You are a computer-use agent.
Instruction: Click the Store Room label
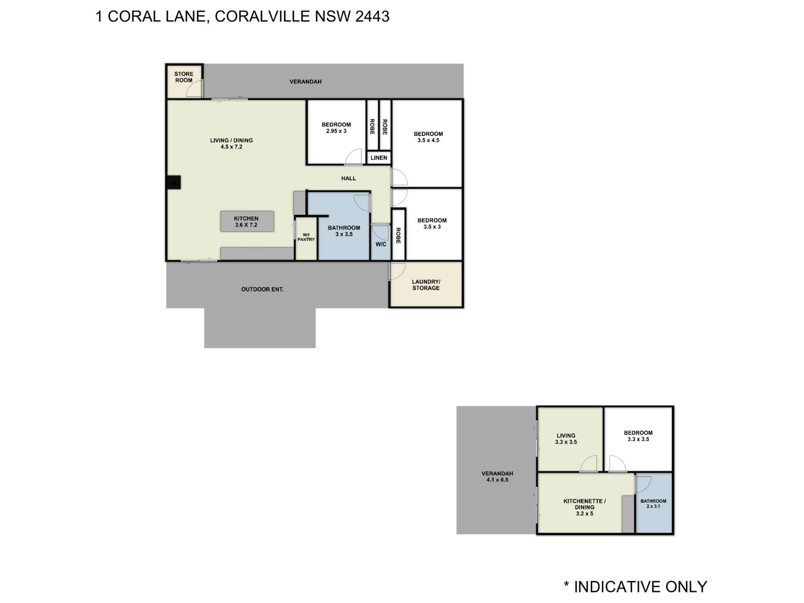[x=183, y=77]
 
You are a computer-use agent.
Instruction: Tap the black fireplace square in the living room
[x=173, y=183]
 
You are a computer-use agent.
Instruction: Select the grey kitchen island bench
[x=247, y=222]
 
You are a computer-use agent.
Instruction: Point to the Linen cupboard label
[x=379, y=158]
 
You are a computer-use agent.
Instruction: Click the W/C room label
[x=381, y=244]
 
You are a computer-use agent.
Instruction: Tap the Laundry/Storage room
[x=426, y=285]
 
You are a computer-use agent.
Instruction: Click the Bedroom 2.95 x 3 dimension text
[x=336, y=131]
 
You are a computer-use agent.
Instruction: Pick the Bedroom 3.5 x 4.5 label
[x=428, y=137]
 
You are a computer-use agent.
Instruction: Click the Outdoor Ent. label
[x=262, y=289]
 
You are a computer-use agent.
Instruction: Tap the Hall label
[x=348, y=178]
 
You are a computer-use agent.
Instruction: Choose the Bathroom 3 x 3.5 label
[x=344, y=231]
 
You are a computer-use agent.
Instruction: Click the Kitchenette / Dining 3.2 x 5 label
[x=584, y=507]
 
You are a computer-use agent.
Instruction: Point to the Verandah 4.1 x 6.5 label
[x=497, y=477]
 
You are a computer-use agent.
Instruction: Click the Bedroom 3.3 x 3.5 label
[x=638, y=436]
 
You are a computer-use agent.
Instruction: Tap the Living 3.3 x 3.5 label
[x=566, y=438]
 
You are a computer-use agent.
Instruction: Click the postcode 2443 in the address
[x=372, y=16]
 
